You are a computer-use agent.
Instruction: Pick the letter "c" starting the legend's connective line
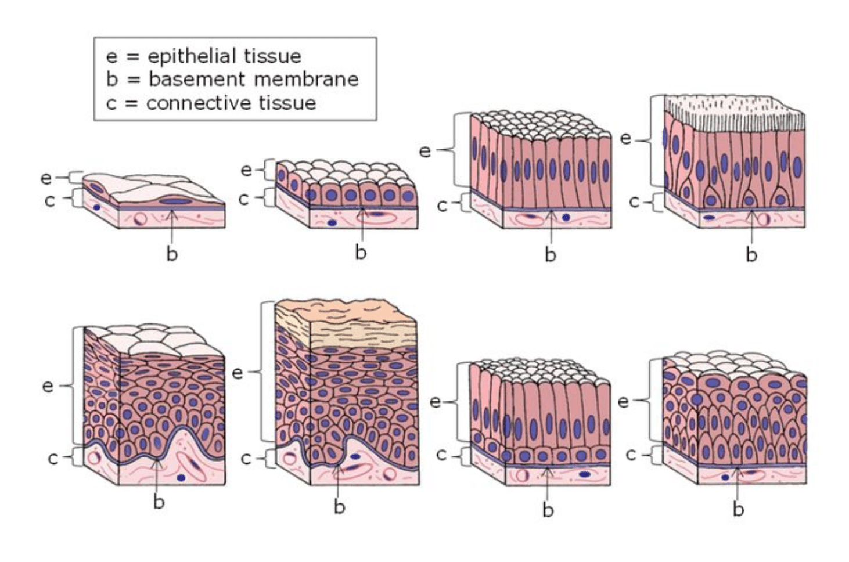(x=111, y=103)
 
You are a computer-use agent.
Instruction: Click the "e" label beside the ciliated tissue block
(x=625, y=139)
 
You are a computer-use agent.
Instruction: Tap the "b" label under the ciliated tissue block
(x=751, y=254)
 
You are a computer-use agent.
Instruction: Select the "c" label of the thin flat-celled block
(x=50, y=200)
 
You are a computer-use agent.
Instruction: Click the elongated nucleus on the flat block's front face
(x=174, y=201)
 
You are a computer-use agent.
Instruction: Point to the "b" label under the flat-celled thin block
(x=172, y=254)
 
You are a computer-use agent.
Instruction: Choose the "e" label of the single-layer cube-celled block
(x=246, y=170)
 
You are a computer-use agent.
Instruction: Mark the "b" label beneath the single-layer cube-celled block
(x=361, y=252)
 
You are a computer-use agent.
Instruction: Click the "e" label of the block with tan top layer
(x=237, y=372)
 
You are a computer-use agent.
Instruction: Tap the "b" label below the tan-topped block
(x=340, y=507)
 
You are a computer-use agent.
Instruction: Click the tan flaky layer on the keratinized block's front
(x=363, y=334)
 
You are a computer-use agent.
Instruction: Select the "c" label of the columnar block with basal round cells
(x=441, y=455)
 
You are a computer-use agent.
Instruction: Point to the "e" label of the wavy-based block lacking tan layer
(x=48, y=386)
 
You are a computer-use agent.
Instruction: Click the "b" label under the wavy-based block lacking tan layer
(x=159, y=502)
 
